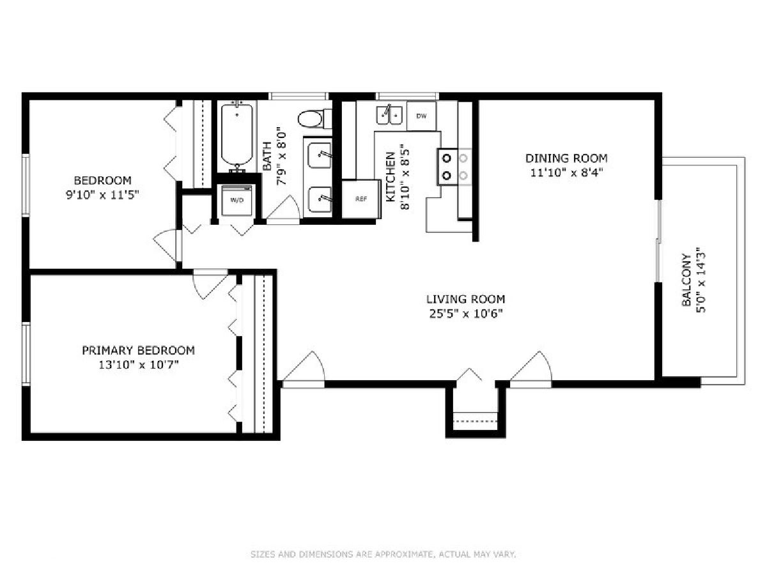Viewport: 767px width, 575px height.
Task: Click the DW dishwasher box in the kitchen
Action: coord(421,116)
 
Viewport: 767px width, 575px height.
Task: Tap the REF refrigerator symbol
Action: coord(361,199)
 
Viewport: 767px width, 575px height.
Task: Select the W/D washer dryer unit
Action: coord(237,201)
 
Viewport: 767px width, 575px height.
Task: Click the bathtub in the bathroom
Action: coord(237,137)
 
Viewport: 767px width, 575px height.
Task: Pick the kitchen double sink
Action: coord(389,114)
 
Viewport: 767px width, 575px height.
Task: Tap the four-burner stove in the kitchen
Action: coord(454,167)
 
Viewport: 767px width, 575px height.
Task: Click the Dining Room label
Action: coord(566,158)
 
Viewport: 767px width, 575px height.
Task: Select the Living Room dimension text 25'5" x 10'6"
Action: coord(466,314)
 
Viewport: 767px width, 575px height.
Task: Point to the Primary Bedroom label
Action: coord(138,350)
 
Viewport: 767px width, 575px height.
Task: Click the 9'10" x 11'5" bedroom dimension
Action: coord(103,194)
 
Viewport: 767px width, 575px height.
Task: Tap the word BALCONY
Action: coord(686,280)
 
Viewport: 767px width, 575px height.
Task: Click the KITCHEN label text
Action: coord(391,177)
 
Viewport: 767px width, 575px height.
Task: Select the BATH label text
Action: coord(267,156)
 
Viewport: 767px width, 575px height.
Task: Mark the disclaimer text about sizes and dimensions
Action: coord(383,554)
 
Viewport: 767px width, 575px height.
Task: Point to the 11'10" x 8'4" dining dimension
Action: coord(566,172)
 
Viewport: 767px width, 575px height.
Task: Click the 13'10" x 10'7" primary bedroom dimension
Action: coord(139,365)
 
